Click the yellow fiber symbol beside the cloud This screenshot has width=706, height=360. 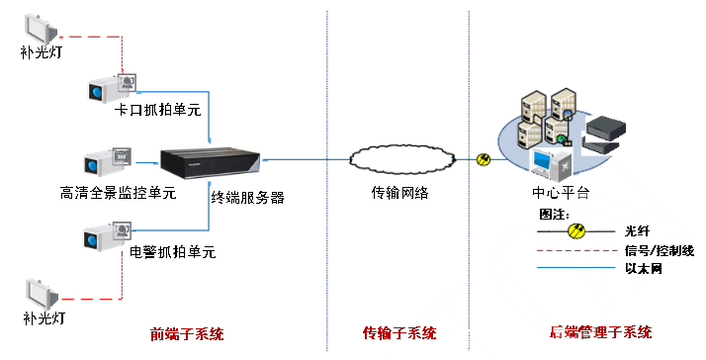click(x=483, y=158)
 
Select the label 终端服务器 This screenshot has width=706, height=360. click(x=247, y=197)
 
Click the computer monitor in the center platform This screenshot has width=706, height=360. click(x=547, y=161)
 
